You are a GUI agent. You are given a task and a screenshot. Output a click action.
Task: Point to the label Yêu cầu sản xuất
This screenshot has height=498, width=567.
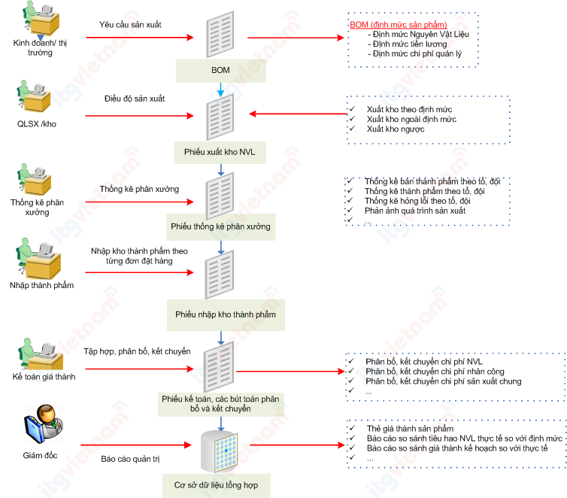tap(130, 24)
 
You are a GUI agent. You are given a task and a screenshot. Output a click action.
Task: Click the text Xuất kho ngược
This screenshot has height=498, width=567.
tap(396, 129)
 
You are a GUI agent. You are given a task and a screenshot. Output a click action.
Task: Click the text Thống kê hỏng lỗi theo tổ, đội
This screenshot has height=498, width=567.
tap(417, 201)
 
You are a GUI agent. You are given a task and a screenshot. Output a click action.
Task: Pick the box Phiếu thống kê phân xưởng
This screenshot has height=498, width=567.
tap(220, 226)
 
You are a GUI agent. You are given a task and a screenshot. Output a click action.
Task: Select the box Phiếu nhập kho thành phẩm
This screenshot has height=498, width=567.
tap(225, 314)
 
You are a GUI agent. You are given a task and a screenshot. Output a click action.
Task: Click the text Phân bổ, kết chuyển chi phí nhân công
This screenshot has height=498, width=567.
tap(434, 372)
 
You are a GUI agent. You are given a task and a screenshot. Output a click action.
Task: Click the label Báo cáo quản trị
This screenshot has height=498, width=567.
tap(130, 457)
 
